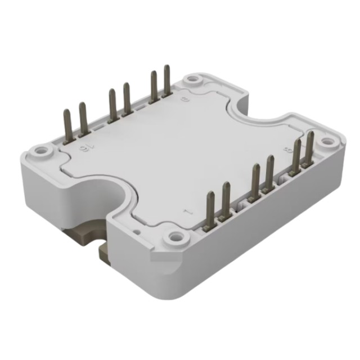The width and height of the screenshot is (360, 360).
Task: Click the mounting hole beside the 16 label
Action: tap(41, 151)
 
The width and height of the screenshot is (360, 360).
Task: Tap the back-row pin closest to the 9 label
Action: tap(166, 82)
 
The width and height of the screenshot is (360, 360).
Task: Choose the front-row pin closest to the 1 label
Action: tap(211, 205)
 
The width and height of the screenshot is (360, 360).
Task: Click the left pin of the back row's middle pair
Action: tap(112, 104)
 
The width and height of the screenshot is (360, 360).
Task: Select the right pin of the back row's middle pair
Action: tap(126, 99)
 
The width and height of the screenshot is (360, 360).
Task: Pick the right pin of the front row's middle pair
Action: tap(269, 172)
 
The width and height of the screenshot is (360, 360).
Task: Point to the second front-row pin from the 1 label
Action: tap(226, 197)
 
